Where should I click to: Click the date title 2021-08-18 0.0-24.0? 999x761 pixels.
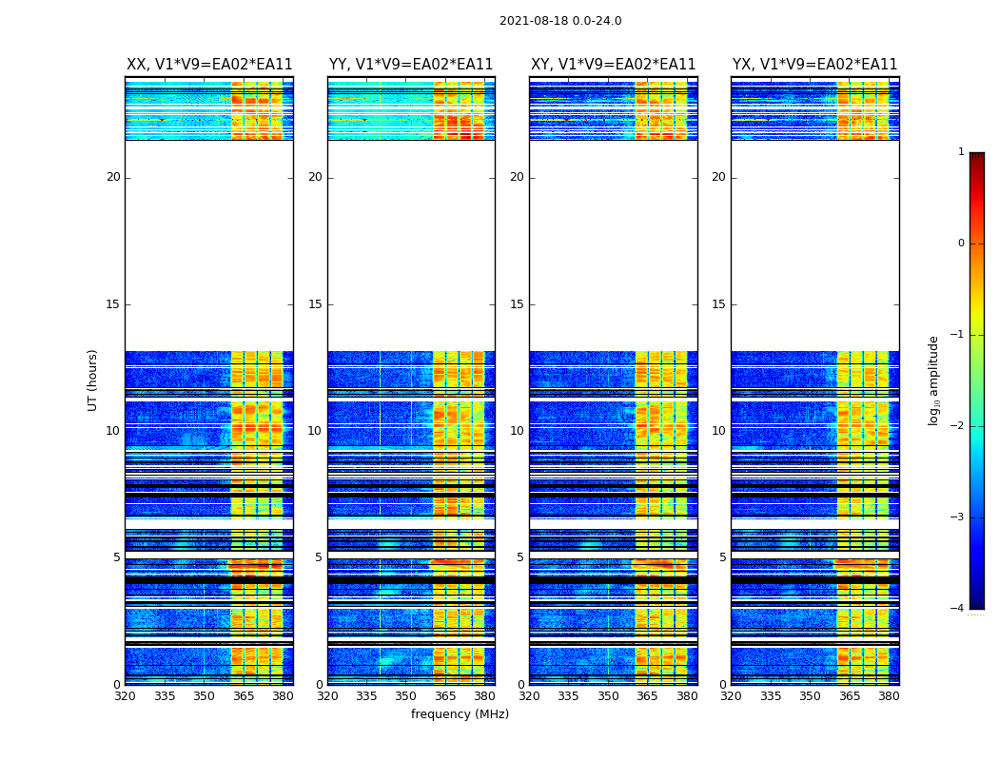click(x=560, y=21)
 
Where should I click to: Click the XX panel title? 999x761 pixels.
click(x=209, y=65)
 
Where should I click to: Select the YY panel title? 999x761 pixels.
click(x=411, y=65)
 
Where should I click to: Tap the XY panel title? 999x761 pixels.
click(x=613, y=65)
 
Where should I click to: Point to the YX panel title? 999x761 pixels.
click(x=814, y=65)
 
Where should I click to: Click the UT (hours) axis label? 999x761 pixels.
click(x=93, y=380)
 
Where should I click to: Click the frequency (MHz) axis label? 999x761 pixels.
click(x=460, y=714)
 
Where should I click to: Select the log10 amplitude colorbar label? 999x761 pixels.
click(x=933, y=380)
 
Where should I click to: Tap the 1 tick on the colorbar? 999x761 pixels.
click(x=961, y=152)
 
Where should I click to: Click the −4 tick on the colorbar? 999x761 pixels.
click(x=958, y=609)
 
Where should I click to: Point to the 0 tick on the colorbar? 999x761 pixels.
click(x=961, y=244)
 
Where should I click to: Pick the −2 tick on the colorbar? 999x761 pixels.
click(x=958, y=426)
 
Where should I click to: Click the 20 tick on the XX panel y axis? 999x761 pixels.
click(x=113, y=177)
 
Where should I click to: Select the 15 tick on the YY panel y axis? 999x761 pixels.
click(x=315, y=304)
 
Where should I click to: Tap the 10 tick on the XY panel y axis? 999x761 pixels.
click(x=517, y=431)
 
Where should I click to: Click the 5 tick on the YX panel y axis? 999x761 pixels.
click(x=722, y=557)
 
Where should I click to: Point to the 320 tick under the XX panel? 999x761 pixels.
click(x=125, y=695)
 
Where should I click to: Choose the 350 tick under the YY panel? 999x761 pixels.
click(x=406, y=695)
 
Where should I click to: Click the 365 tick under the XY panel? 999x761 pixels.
click(x=647, y=695)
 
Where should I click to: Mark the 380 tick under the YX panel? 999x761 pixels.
click(x=889, y=695)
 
